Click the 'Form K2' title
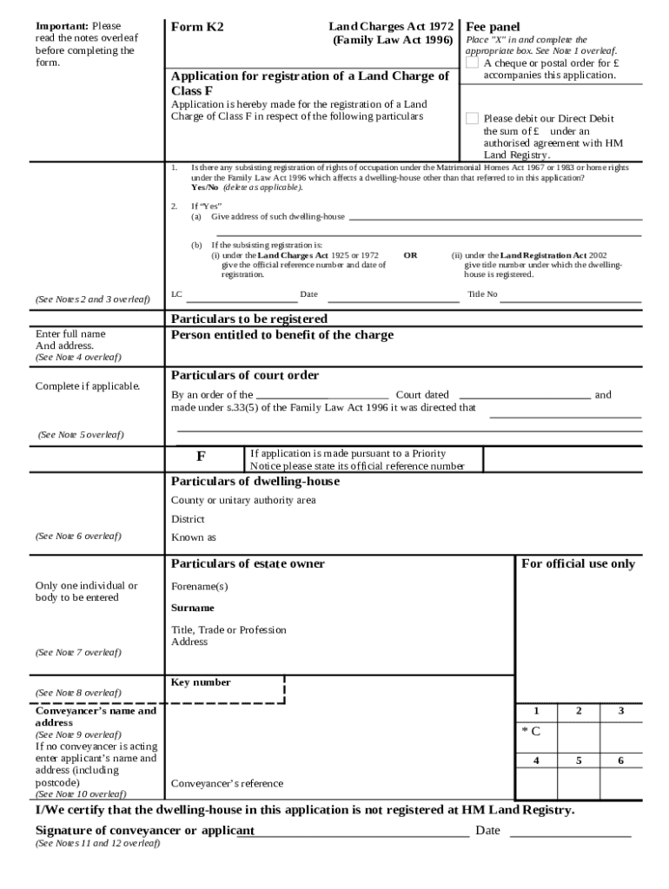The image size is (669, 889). pyautogui.click(x=197, y=27)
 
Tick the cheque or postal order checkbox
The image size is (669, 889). pyautogui.click(x=472, y=63)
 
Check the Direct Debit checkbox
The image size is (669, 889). pyautogui.click(x=472, y=118)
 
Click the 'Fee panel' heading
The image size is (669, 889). pyautogui.click(x=493, y=27)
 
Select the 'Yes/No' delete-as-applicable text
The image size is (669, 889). pyautogui.click(x=205, y=188)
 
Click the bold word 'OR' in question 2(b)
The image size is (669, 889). pyautogui.click(x=411, y=255)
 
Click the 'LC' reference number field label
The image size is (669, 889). pyautogui.click(x=176, y=294)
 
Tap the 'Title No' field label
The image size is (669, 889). pyautogui.click(x=482, y=294)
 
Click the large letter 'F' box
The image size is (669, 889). pyautogui.click(x=201, y=457)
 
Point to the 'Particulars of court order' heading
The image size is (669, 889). pyautogui.click(x=245, y=375)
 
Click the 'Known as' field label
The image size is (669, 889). pyautogui.click(x=188, y=537)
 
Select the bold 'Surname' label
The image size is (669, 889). pyautogui.click(x=192, y=608)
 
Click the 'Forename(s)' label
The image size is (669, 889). pyautogui.click(x=199, y=586)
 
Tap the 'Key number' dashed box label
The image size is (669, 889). pyautogui.click(x=201, y=682)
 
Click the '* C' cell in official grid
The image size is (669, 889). pyautogui.click(x=531, y=730)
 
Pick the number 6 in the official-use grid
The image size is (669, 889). pyautogui.click(x=620, y=761)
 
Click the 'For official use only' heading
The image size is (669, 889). pyautogui.click(x=578, y=563)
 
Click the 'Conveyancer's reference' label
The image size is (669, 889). pyautogui.click(x=227, y=783)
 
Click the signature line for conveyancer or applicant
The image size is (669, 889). pyautogui.click(x=361, y=837)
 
